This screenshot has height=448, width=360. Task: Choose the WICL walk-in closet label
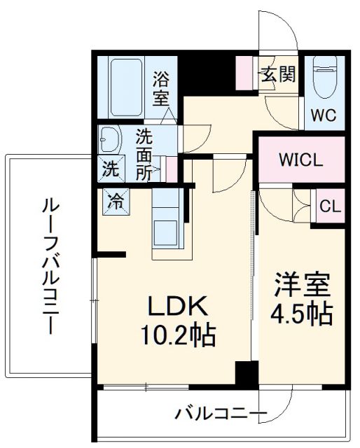tap(301, 160)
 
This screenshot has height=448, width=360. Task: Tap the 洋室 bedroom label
tap(301, 286)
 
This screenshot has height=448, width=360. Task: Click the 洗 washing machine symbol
tap(110, 168)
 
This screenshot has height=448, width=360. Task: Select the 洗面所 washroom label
tap(144, 154)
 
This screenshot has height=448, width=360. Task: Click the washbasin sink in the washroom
tap(109, 140)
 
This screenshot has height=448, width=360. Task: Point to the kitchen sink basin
tap(167, 231)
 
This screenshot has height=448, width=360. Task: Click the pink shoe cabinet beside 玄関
tap(246, 73)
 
